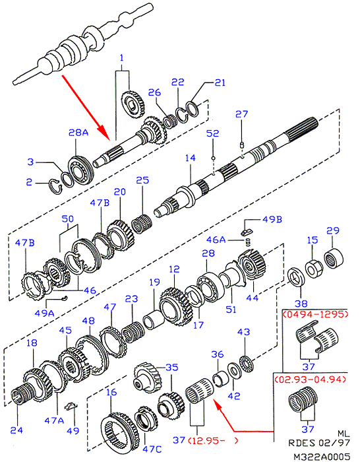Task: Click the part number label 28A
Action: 78,133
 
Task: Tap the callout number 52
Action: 213,133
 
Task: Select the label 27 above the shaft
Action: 242,114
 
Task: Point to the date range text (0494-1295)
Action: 315,314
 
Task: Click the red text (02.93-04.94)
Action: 310,379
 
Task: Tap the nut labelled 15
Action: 314,268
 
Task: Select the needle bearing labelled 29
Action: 334,259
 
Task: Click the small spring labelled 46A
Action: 248,242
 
